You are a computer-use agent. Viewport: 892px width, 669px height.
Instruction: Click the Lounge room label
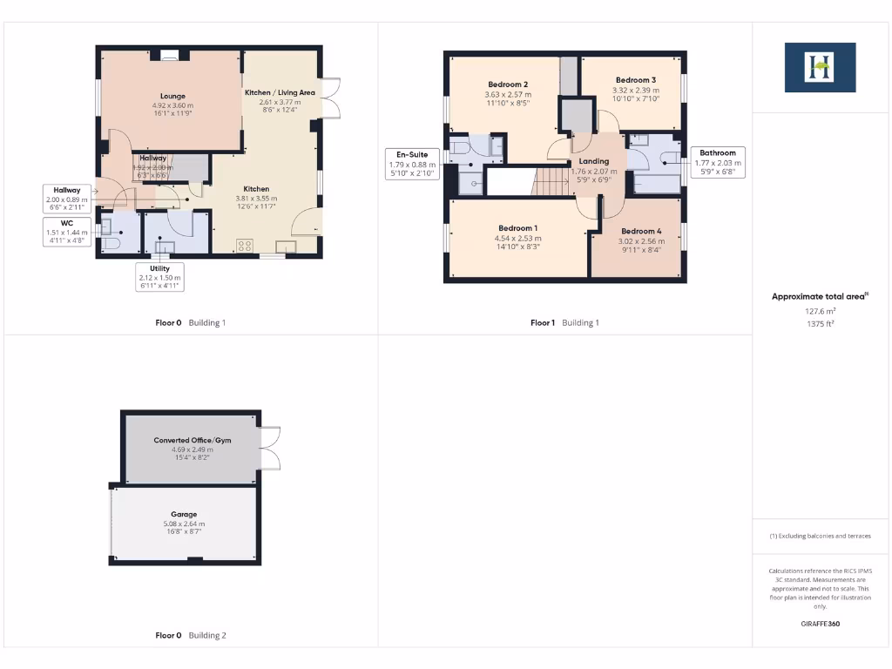[172, 96]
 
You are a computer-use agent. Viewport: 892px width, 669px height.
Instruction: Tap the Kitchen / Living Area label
[280, 92]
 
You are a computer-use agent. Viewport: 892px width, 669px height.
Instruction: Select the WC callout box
[66, 232]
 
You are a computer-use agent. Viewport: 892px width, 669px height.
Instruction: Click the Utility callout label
[159, 277]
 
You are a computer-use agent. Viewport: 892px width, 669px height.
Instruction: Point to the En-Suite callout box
[412, 163]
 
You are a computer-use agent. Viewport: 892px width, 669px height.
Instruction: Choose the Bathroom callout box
[719, 161]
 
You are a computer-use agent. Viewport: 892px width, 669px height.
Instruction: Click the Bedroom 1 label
[517, 228]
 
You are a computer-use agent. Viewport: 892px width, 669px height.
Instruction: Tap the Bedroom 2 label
[508, 84]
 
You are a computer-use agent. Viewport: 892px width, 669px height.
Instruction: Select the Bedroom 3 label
[635, 79]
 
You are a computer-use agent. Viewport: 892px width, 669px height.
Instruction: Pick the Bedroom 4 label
[641, 232]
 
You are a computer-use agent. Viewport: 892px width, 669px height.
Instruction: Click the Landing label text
[593, 161]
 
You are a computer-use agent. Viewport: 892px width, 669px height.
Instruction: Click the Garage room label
[183, 515]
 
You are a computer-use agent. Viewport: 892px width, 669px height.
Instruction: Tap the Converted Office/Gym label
[193, 441]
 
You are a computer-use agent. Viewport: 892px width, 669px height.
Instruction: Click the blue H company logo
[819, 67]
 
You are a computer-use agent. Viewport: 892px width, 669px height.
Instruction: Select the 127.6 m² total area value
[819, 310]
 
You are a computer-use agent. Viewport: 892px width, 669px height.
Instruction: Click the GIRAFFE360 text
[819, 624]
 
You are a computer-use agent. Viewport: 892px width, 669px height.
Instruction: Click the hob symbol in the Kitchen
[245, 246]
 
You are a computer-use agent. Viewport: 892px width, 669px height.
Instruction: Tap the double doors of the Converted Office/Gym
[269, 448]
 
